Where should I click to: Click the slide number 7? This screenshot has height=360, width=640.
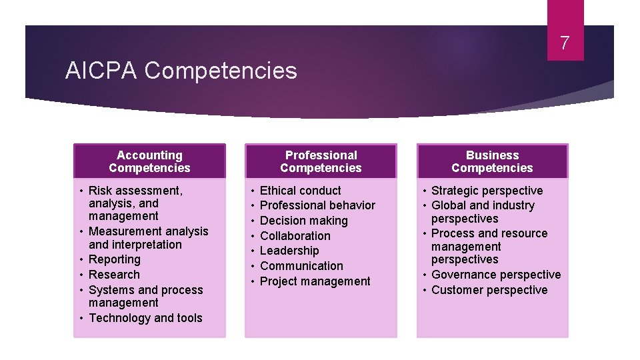click(565, 44)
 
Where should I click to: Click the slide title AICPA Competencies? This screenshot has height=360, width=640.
click(181, 70)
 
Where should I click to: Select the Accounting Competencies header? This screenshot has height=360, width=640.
click(149, 161)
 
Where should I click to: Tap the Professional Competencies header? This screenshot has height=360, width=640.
click(321, 161)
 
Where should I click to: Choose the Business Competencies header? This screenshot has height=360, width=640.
click(492, 161)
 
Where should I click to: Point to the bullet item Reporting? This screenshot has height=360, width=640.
click(114, 259)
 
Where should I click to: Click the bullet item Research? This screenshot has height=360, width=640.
click(114, 275)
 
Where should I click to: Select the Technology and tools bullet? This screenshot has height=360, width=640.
click(145, 318)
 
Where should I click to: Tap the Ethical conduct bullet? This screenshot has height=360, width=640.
click(300, 191)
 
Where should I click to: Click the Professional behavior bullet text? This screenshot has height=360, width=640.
click(317, 205)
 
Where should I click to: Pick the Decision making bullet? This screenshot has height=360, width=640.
click(303, 221)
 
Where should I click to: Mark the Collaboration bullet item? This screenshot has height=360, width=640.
click(295, 236)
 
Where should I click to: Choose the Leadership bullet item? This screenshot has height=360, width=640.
click(289, 251)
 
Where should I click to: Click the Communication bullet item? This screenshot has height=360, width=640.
click(301, 266)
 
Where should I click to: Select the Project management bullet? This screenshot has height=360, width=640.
click(315, 281)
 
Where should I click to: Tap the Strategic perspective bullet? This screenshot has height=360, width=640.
click(487, 191)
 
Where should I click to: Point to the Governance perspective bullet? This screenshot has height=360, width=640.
click(496, 275)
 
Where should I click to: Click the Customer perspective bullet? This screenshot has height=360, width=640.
click(489, 290)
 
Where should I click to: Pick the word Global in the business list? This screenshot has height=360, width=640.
click(447, 205)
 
